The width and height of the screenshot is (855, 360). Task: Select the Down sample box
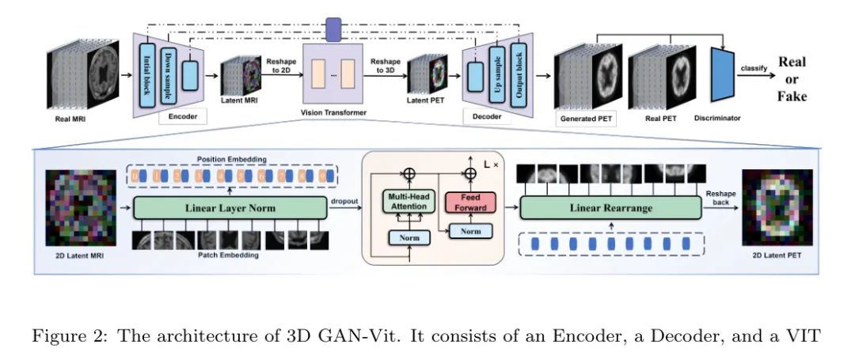click(x=169, y=67)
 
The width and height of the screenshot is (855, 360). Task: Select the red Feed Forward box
click(x=471, y=202)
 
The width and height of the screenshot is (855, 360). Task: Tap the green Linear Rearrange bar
click(x=609, y=207)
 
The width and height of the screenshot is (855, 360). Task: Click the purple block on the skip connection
click(x=332, y=29)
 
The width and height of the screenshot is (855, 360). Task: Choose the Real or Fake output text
click(x=792, y=79)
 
